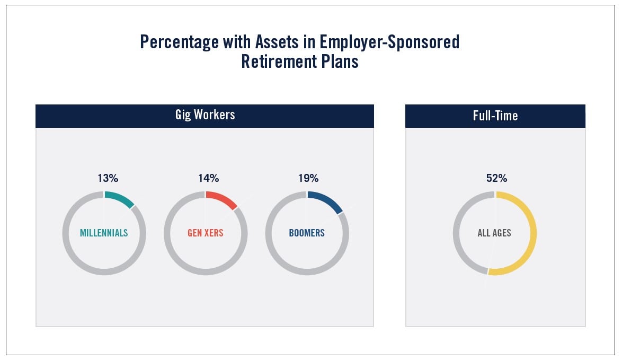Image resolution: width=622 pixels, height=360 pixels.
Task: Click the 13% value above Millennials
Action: tap(108, 178)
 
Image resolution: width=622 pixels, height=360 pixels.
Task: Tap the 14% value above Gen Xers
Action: tap(209, 178)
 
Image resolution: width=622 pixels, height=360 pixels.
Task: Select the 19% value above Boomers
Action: tap(309, 178)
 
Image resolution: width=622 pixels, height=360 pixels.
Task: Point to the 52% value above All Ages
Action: tap(496, 178)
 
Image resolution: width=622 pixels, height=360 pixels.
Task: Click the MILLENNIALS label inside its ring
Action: tap(104, 233)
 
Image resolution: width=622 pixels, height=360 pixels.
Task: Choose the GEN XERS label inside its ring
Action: tap(206, 233)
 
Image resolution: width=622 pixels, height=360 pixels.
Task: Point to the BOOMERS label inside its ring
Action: tap(307, 233)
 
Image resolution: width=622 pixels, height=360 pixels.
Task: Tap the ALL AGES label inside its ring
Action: tap(494, 233)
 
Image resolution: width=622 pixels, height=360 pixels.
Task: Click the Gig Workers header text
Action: tap(205, 115)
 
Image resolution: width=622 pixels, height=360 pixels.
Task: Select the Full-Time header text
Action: tap(495, 116)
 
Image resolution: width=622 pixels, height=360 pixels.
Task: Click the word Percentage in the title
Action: tap(179, 42)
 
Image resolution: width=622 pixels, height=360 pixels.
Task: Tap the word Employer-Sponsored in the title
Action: tap(389, 42)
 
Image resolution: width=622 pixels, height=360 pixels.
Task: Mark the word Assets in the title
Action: tap(277, 42)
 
